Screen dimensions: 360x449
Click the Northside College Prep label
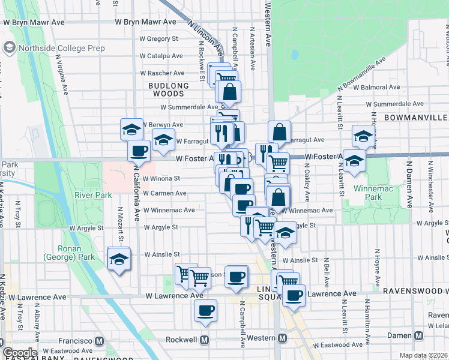coord(62,48)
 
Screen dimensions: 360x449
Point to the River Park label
coord(93,195)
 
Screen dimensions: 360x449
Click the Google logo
coord(20,353)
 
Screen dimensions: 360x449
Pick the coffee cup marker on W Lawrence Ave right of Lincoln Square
coord(294,296)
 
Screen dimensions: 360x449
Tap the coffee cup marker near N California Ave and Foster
coord(139,151)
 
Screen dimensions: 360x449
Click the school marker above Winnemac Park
coord(363,137)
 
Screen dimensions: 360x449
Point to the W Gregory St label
coord(159,38)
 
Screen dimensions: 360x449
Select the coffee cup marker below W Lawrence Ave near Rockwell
coord(205,311)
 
